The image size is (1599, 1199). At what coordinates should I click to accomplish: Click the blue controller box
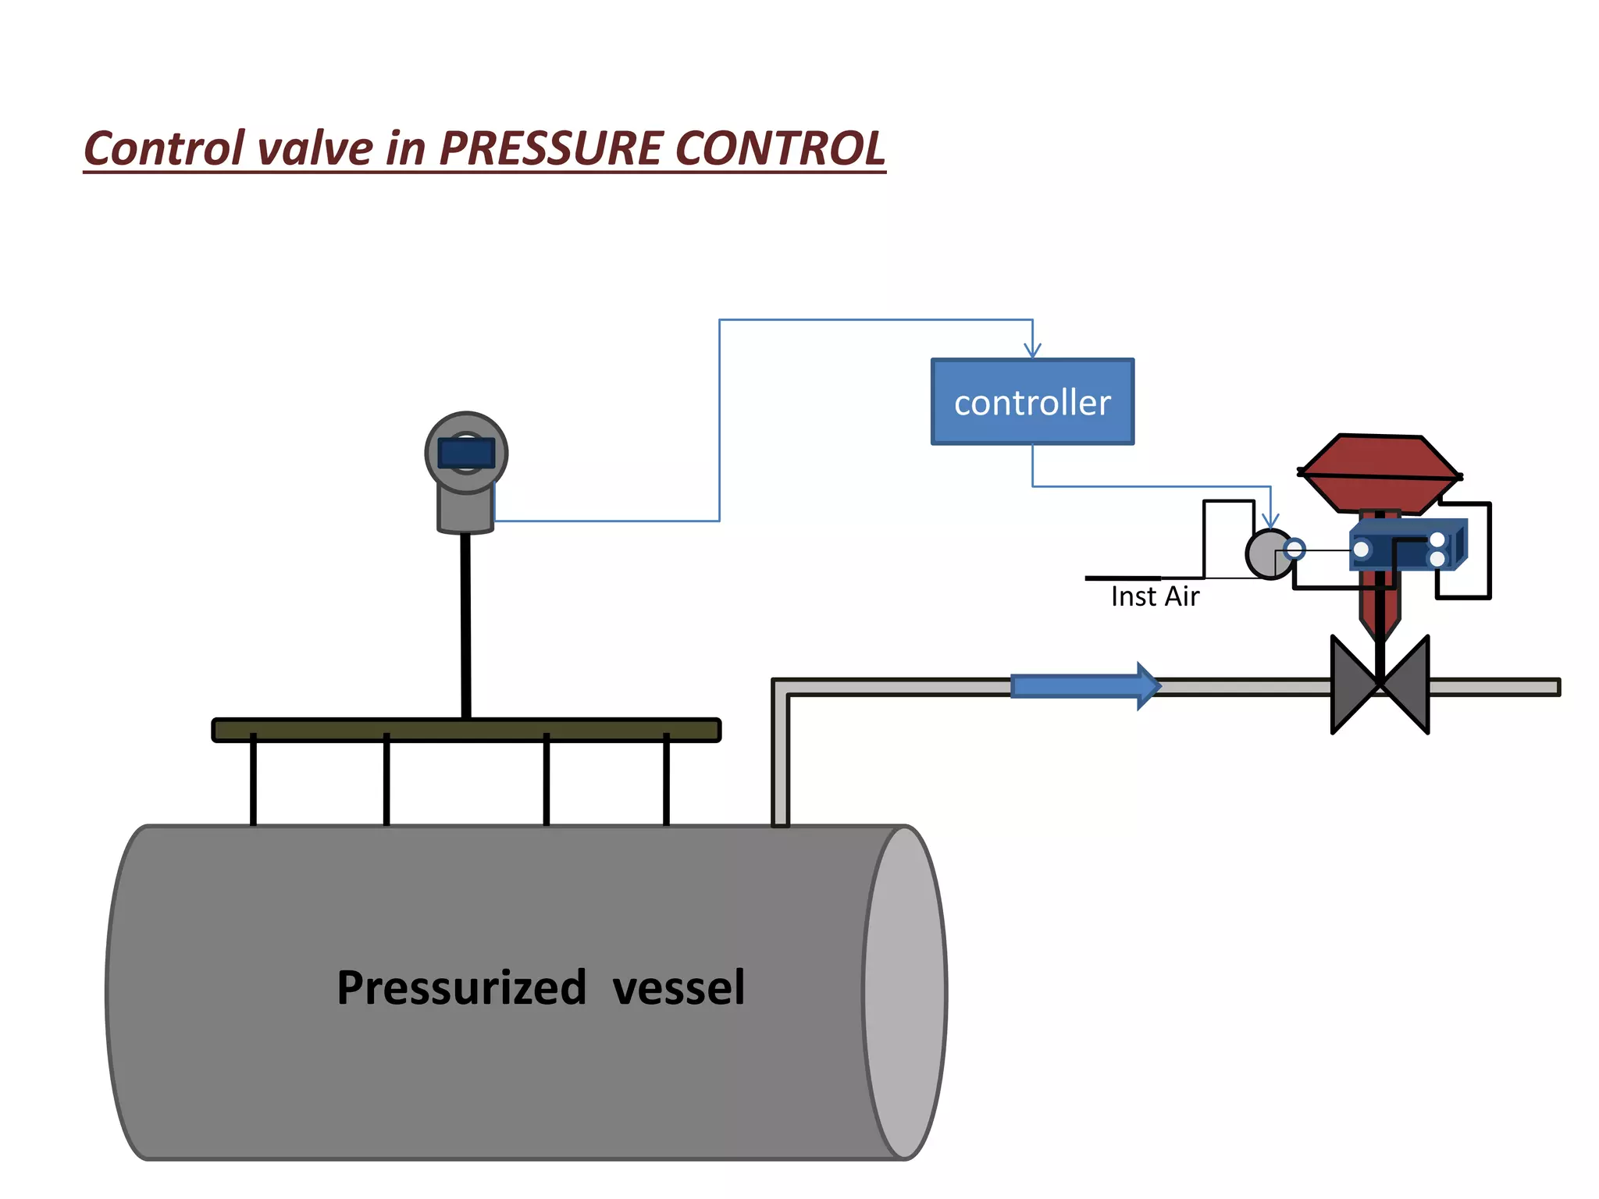(x=1032, y=402)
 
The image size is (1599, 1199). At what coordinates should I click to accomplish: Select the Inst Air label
(x=1155, y=596)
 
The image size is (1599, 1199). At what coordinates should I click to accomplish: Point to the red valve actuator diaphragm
(x=1380, y=473)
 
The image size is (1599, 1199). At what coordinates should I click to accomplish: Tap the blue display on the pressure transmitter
(x=466, y=453)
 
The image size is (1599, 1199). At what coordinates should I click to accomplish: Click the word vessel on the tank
(x=678, y=987)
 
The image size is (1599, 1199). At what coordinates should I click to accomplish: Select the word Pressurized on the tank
(x=461, y=987)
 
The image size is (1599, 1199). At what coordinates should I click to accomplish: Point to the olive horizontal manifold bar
(x=466, y=730)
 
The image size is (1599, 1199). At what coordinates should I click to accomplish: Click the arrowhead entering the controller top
(x=1033, y=350)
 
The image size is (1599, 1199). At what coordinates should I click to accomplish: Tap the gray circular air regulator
(x=1268, y=554)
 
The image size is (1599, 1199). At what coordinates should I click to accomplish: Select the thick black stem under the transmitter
(x=466, y=624)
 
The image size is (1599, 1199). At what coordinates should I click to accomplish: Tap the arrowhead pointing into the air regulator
(x=1270, y=521)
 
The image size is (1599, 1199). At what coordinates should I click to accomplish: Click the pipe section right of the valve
(x=1493, y=687)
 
